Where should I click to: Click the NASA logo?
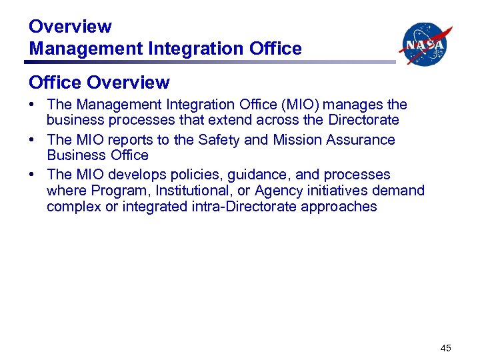pyautogui.click(x=425, y=44)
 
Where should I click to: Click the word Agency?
pyautogui.click(x=296, y=191)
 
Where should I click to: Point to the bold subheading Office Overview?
pyautogui.click(x=99, y=83)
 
